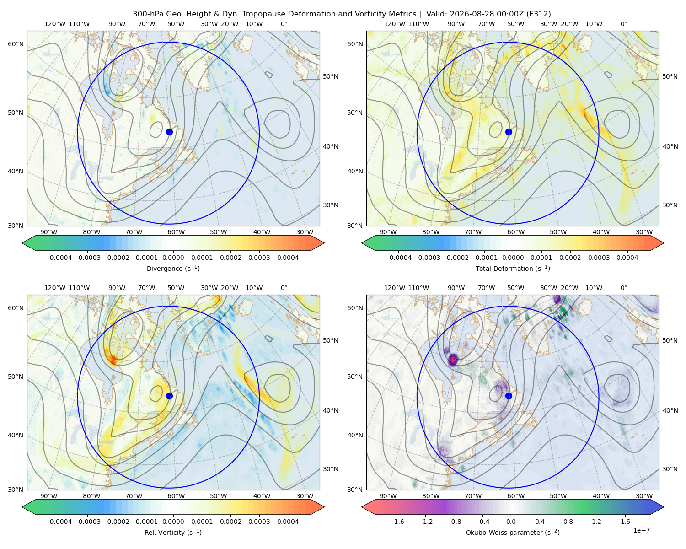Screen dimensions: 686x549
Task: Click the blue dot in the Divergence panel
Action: tap(169, 132)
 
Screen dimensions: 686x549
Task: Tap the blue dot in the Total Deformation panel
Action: tap(509, 132)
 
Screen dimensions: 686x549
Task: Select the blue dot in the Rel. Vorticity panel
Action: tap(169, 396)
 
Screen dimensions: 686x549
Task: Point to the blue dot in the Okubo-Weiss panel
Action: tap(509, 396)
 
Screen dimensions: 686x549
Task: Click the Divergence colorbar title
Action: tap(173, 268)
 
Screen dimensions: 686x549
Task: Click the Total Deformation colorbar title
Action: tap(513, 268)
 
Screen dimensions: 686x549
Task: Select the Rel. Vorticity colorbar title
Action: tap(173, 533)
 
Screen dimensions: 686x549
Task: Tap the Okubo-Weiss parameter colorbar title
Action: tap(513, 533)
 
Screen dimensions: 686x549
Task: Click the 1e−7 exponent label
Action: tap(641, 530)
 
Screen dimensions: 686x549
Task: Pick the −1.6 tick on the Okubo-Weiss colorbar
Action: tap(397, 522)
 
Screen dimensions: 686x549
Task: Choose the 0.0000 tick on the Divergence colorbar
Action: tap(173, 258)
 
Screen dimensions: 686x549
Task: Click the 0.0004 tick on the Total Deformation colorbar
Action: tap(627, 258)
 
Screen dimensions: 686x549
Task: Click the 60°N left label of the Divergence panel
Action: tap(16, 44)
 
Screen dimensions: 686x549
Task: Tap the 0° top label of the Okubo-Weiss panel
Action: tap(624, 288)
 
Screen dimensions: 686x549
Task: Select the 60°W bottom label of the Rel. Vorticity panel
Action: tap(176, 496)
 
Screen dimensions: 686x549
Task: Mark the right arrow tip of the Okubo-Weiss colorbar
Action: tap(664, 507)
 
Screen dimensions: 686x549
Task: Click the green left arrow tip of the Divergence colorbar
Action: tap(22, 243)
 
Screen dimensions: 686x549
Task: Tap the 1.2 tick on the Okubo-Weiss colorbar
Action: tap(597, 522)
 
